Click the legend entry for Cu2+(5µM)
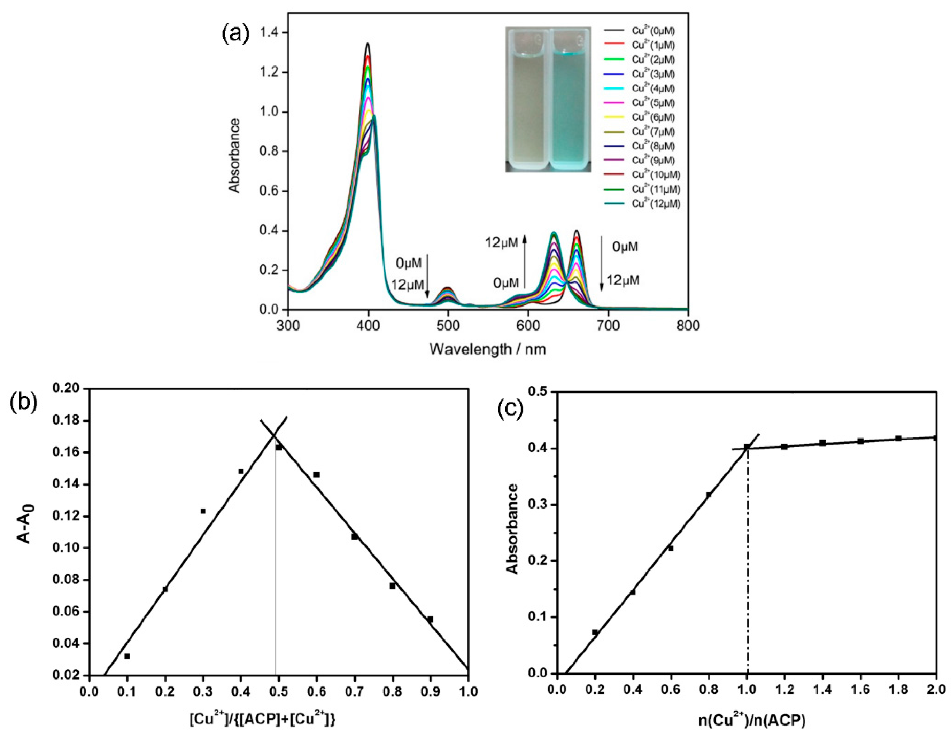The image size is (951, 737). pos(653,103)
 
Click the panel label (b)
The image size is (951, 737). pos(24,403)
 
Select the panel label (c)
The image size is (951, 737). pos(512,409)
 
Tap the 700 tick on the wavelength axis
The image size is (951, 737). pos(608,326)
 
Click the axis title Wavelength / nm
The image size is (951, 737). pos(487,349)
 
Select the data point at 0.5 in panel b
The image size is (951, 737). pos(279,447)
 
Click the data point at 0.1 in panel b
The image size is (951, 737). pos(127,656)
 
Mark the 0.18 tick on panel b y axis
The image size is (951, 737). pos(68,421)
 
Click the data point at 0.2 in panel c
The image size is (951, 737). pos(595,632)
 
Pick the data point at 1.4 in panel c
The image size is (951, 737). pos(822,443)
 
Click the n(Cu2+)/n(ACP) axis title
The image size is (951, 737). pos(752,721)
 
